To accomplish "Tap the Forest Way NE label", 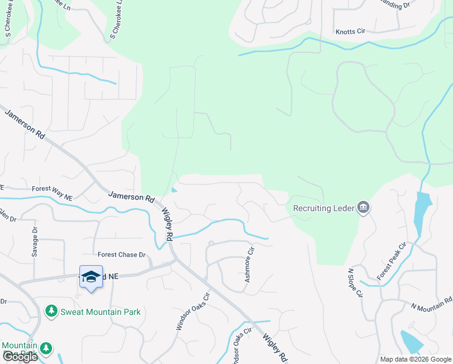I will (x=52, y=189).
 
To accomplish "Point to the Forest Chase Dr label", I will (x=122, y=255).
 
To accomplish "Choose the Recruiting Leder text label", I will (x=323, y=208).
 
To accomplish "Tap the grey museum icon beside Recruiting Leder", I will (x=363, y=208).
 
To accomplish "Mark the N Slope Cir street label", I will (x=354, y=283).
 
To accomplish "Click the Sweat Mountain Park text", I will (x=101, y=312).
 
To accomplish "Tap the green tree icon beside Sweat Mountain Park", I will (x=51, y=312).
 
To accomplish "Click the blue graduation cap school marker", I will (x=91, y=277).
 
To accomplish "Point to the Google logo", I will (x=20, y=357).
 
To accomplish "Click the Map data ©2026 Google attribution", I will (x=415, y=359).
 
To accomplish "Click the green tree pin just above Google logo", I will (x=45, y=349).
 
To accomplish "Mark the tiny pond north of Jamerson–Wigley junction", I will (x=174, y=190).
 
